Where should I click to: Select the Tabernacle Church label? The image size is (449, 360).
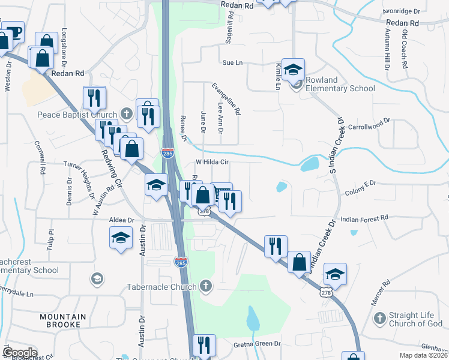click(x=161, y=287)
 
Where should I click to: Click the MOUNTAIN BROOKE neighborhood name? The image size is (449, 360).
click(x=63, y=320)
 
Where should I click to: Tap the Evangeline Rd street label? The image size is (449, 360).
click(x=225, y=99)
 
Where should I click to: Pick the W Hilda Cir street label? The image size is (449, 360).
click(x=213, y=163)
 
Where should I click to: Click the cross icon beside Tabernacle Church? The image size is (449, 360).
click(x=206, y=286)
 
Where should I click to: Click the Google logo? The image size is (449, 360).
click(x=19, y=352)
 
